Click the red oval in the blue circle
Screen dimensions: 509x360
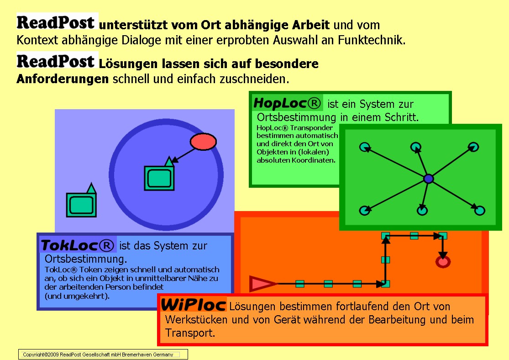click(203, 142)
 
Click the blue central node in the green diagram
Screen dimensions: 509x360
click(429, 179)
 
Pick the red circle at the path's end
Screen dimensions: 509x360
click(443, 262)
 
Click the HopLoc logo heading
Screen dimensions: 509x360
click(287, 103)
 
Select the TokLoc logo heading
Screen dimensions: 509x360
click(77, 246)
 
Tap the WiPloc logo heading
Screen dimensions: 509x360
click(194, 305)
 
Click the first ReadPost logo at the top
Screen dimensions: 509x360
click(56, 22)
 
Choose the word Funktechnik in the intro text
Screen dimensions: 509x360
click(372, 40)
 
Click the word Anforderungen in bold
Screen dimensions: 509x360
click(63, 79)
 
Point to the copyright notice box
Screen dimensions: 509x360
click(103, 355)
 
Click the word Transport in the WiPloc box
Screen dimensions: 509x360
click(190, 333)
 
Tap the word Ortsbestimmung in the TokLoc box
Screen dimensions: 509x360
click(86, 259)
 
